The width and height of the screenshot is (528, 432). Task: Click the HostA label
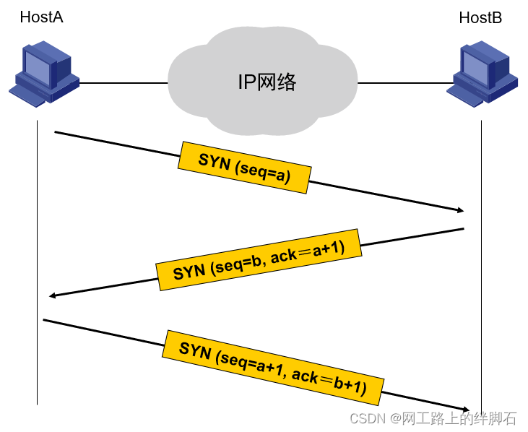point(41,17)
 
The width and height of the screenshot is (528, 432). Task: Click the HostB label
point(480,17)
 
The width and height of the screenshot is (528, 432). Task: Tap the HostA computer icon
point(44,74)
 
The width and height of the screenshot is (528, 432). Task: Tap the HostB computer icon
point(482,74)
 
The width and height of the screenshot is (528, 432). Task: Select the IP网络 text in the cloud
point(267,82)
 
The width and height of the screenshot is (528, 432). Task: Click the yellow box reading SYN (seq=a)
point(244,168)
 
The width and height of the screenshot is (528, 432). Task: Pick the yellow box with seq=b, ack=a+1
point(259,259)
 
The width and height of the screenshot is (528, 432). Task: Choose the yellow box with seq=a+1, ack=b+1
point(273,368)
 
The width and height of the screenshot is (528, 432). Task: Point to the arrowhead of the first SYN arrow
point(461,210)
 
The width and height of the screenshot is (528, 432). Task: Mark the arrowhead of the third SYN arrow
point(467,410)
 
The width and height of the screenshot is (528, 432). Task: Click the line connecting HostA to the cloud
point(124,82)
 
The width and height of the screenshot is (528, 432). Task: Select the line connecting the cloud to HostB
point(406,82)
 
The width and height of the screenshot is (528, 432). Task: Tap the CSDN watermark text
point(433,418)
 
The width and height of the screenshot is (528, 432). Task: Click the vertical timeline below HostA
point(37,262)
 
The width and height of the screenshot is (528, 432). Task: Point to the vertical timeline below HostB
point(481,266)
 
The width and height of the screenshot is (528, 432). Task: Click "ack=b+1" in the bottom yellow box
point(329,382)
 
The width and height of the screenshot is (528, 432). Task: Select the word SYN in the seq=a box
point(215,160)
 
